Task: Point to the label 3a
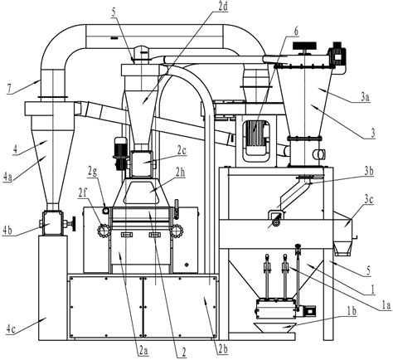pos(366,98)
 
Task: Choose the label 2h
pos(180,173)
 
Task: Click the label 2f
pos(84,192)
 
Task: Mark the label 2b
pos(223,348)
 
